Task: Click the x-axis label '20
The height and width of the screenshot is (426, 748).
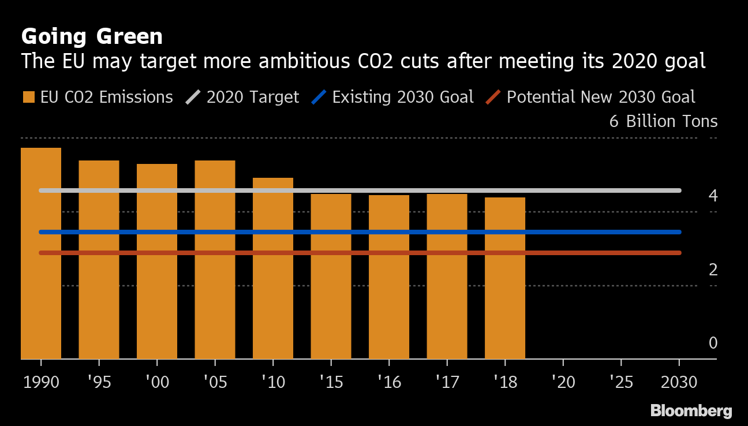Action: click(563, 382)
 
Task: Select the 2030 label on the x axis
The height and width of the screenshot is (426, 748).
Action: click(679, 382)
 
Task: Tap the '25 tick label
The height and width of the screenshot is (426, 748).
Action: click(621, 382)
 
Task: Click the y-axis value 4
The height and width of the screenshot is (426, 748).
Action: click(713, 196)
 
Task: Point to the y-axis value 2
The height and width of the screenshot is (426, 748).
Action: click(713, 270)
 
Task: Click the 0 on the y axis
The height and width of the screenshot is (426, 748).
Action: click(713, 343)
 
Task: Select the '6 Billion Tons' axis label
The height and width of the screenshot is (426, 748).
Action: click(663, 121)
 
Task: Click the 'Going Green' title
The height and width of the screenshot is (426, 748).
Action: click(92, 36)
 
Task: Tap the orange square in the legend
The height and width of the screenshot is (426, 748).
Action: click(28, 97)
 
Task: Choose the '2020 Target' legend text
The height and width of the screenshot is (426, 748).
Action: click(253, 97)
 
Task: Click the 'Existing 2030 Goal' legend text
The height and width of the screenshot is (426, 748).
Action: click(403, 97)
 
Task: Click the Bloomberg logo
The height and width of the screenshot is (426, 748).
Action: click(691, 411)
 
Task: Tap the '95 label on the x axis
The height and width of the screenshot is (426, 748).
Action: click(99, 382)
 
